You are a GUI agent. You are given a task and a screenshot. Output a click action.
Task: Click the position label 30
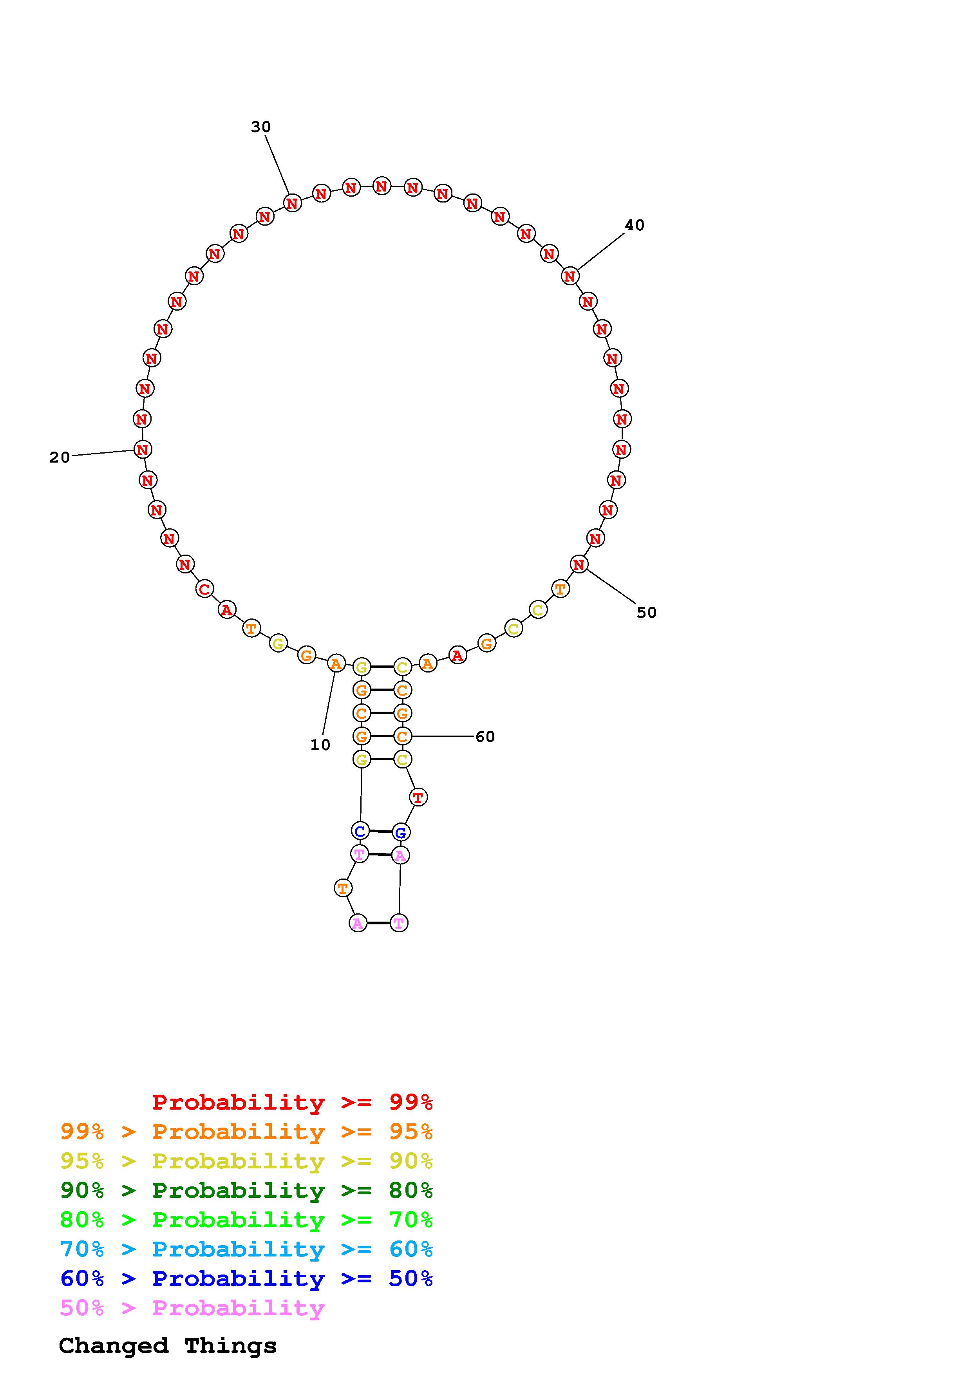(261, 127)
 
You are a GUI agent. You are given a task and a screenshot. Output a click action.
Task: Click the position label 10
(320, 745)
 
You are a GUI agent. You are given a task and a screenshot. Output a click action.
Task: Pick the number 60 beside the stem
(485, 737)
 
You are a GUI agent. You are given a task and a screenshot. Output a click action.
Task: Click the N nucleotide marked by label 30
(292, 203)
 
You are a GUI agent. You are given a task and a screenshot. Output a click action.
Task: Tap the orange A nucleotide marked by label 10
(336, 663)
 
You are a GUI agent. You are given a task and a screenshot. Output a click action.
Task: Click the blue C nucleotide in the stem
(360, 831)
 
